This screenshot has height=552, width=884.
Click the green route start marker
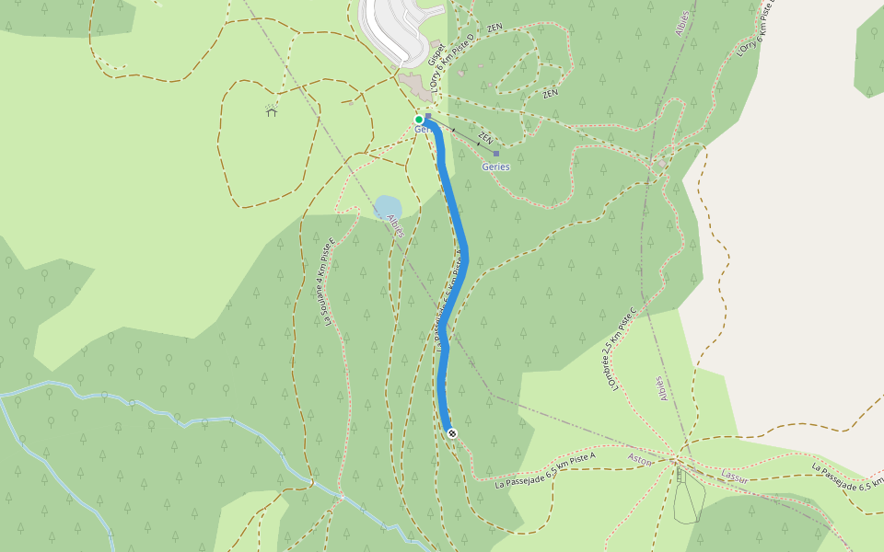pyautogui.click(x=419, y=120)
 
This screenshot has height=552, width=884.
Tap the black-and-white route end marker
pyautogui.click(x=451, y=432)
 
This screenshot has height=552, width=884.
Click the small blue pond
pyautogui.click(x=388, y=207)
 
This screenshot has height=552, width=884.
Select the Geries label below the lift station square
pyautogui.click(x=495, y=167)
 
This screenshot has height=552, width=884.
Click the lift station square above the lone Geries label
pyautogui.click(x=496, y=154)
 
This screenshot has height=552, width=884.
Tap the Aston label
pyautogui.click(x=639, y=457)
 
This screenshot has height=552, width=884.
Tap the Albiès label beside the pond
pyautogui.click(x=396, y=226)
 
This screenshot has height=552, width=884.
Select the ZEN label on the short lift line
pyautogui.click(x=486, y=139)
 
